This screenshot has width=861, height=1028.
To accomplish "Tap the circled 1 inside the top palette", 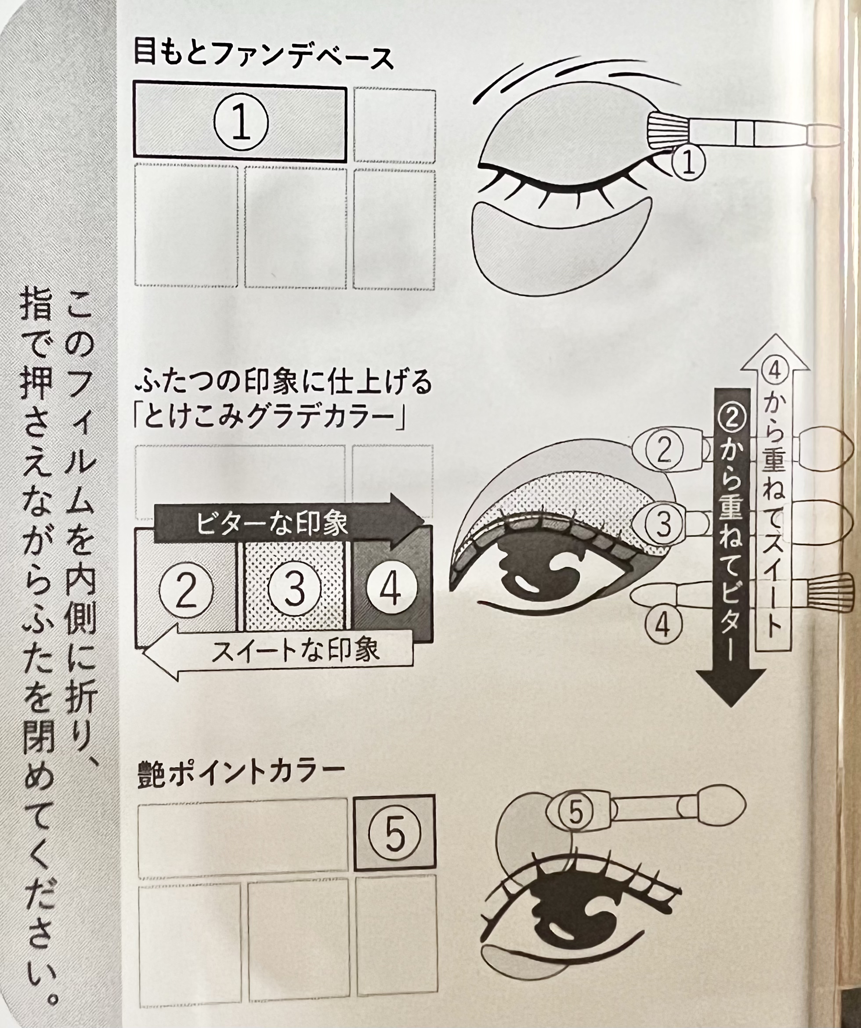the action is pos(241,123).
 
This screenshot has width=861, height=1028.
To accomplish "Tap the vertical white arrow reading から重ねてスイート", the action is pos(774,493).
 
